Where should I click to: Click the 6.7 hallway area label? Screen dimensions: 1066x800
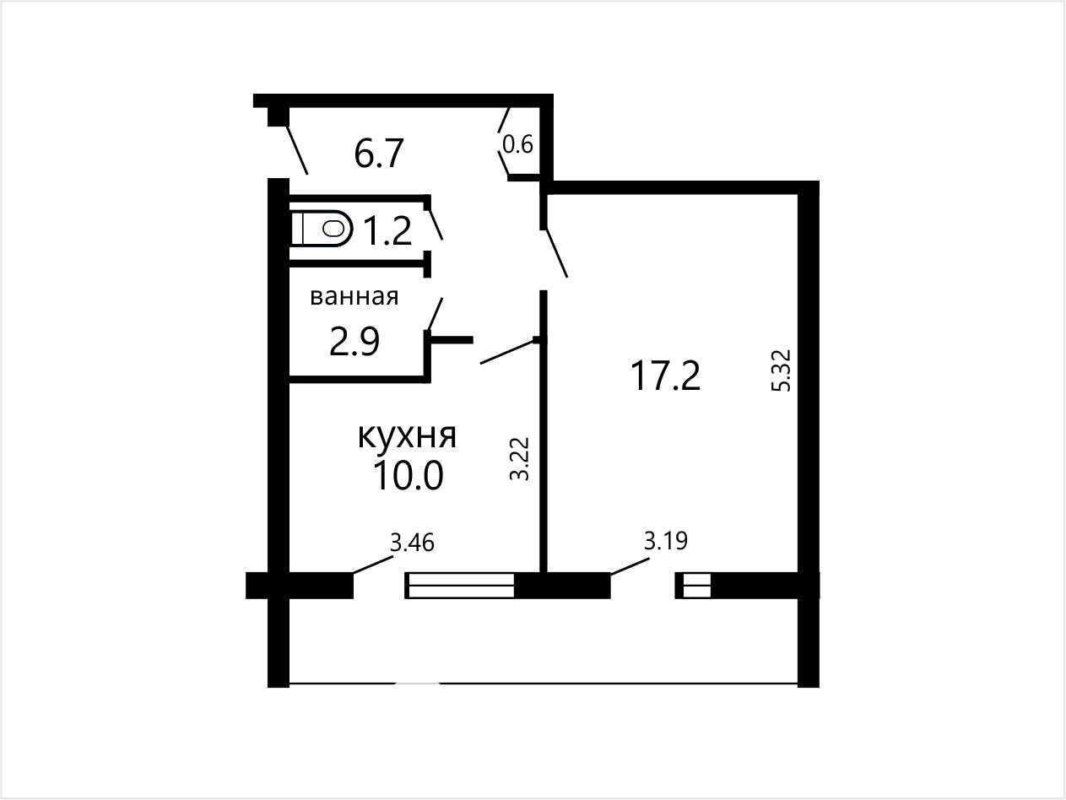coord(379,154)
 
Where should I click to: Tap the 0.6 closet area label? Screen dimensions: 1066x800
coord(517,144)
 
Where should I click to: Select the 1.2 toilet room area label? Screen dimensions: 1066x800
coord(387,230)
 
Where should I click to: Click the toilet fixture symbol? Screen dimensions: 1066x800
coord(322,228)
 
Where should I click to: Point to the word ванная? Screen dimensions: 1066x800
coord(354,296)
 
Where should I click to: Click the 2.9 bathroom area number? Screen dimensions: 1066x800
coord(354,342)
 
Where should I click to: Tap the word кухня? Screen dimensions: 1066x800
coord(407,436)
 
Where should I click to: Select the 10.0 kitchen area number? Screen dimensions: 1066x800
coord(409,476)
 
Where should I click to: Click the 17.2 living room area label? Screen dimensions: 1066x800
coord(665,376)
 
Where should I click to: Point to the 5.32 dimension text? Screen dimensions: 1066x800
coord(782,370)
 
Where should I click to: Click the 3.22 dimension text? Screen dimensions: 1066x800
coord(520,459)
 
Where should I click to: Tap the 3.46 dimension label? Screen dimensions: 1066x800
coord(413,543)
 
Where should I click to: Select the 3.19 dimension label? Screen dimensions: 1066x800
coord(666,541)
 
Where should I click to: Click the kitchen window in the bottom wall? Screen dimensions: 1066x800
coord(459,586)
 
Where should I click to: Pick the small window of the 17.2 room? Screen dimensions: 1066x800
coord(694,586)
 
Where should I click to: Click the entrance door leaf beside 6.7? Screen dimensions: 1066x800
coord(296,149)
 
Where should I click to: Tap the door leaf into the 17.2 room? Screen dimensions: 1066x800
coord(556,252)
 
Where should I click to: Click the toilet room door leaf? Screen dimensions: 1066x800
coord(436,224)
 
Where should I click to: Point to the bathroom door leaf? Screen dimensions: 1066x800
coord(436,314)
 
